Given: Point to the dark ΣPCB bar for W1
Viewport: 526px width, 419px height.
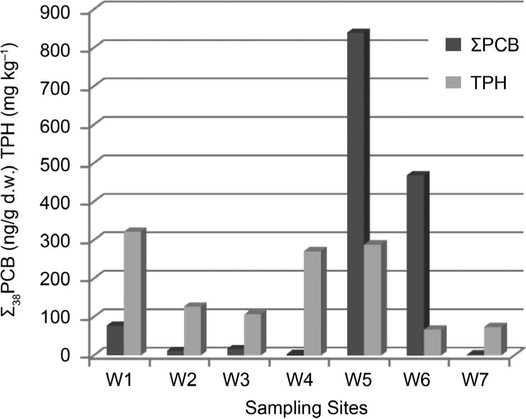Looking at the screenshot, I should [115, 340].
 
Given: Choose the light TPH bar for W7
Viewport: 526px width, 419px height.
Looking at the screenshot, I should [492, 340].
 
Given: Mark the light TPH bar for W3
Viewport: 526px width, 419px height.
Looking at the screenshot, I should [252, 334].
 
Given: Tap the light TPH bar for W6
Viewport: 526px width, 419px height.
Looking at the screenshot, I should [432, 342].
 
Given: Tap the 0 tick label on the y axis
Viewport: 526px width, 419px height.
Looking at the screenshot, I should [69, 357].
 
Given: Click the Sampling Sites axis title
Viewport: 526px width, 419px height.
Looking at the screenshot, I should [306, 407].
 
